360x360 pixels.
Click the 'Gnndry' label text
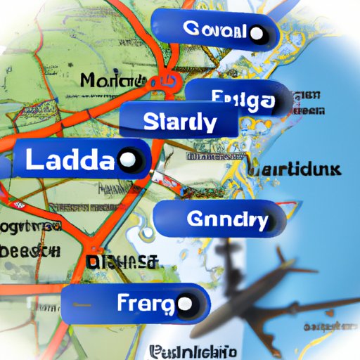point(227,220)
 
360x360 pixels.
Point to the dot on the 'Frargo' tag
point(184,304)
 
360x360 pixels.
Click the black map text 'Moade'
point(105,80)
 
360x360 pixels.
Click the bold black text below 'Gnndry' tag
point(120,262)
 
